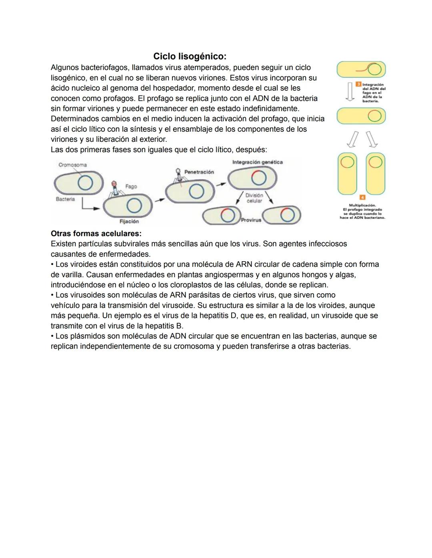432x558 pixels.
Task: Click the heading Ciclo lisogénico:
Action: (190, 56)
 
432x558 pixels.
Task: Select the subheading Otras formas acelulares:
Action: (96, 233)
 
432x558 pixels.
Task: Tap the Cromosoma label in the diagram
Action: (72, 165)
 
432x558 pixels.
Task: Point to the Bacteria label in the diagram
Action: (65, 199)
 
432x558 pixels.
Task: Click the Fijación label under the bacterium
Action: (129, 221)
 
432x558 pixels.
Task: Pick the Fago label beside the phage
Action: (131, 187)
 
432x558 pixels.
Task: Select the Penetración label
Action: (199, 172)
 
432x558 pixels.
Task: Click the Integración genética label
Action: (257, 162)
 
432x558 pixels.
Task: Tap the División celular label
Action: (254, 198)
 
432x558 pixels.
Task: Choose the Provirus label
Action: (251, 220)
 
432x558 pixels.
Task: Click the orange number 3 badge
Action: (359, 84)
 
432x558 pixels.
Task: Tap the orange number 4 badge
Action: (362, 197)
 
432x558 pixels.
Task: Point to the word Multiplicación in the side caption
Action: (362, 205)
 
